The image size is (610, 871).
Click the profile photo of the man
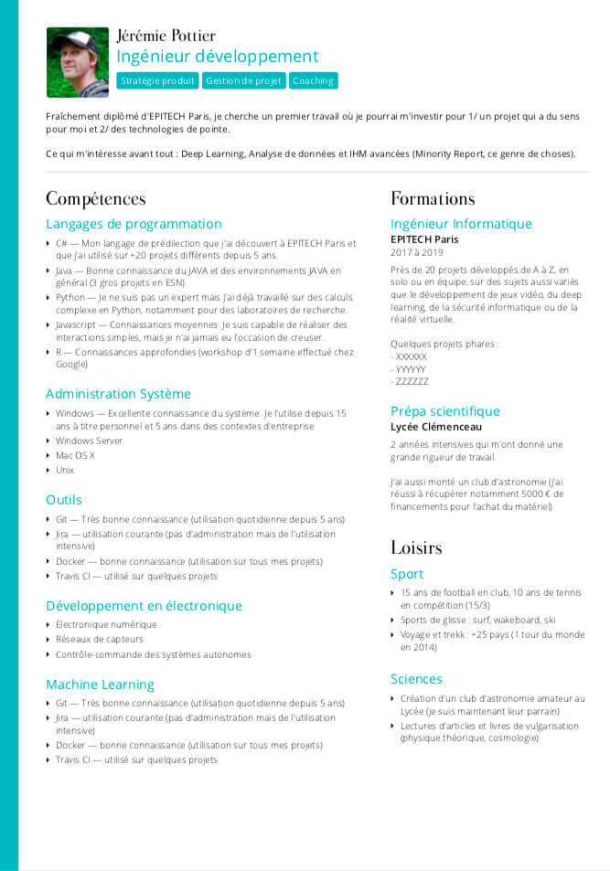78,62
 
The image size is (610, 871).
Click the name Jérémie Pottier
166,36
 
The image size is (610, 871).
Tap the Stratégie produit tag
157,80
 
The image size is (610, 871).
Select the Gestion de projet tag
243,80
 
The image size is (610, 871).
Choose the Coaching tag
313,80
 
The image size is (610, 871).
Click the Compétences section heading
95,198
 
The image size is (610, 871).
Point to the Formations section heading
433,198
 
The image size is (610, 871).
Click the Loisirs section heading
416,547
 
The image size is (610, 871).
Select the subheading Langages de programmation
134,224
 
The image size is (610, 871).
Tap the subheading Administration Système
118,394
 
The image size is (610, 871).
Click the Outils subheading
64,500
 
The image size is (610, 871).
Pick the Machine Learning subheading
100,685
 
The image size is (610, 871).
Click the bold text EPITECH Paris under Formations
424,239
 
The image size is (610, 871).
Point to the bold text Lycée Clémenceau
435,427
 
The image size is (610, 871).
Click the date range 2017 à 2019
416,252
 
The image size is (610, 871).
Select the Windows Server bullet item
89,441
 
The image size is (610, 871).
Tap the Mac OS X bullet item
75,455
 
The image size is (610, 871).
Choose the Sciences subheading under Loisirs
416,679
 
